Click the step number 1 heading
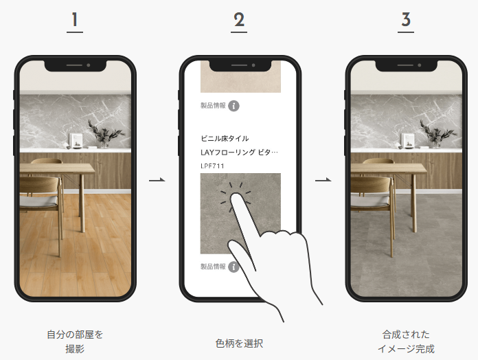tap(75, 20)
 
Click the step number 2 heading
tap(239, 20)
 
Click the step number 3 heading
tap(406, 20)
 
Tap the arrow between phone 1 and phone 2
tap(157, 180)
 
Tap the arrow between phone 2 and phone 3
tap(323, 180)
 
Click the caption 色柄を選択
tap(239, 344)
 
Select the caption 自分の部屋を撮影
tap(75, 341)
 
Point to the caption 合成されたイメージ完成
tap(406, 341)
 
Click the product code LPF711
tap(212, 166)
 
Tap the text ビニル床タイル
tap(225, 138)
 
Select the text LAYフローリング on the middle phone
tap(228, 152)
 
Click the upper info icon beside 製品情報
tap(234, 106)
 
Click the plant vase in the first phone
tap(104, 144)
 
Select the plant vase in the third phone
tap(436, 144)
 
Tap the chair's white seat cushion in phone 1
tap(38, 201)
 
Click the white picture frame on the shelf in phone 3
tap(407, 140)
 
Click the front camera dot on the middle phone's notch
tap(253, 65)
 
